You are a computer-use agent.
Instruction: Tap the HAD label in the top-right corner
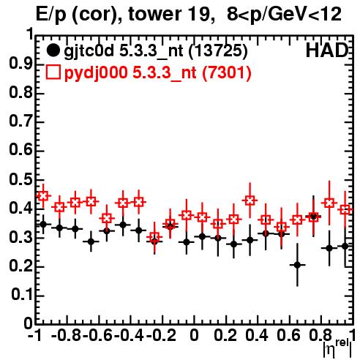(327, 50)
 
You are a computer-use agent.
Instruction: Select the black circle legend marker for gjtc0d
(53, 50)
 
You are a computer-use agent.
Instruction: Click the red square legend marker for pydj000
(53, 72)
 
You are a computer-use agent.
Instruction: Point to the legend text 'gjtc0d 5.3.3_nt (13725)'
(156, 51)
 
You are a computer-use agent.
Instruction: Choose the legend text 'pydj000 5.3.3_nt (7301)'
(157, 73)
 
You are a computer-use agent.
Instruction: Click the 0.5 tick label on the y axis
(20, 180)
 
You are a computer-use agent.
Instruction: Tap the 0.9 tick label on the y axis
(20, 64)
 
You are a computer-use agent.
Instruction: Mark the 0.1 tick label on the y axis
(21, 295)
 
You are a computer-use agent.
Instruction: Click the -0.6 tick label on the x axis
(97, 335)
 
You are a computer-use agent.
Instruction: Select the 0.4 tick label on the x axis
(257, 335)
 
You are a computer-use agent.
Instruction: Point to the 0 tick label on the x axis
(194, 335)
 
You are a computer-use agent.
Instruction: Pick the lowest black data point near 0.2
(297, 265)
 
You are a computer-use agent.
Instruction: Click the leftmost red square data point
(43, 195)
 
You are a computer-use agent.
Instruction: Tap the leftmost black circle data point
(43, 224)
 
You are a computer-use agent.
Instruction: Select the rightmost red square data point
(345, 209)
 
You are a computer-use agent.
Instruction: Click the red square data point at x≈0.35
(250, 200)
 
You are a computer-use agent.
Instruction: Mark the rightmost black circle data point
(345, 246)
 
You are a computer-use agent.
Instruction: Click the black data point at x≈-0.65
(91, 241)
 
